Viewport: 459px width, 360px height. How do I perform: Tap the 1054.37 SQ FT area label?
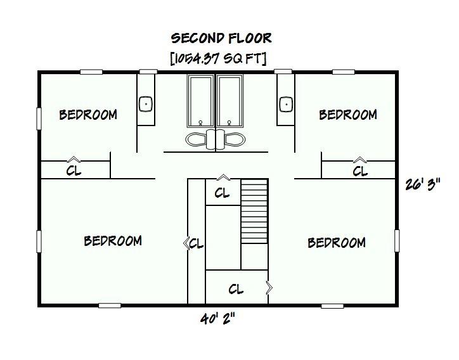pos(217,58)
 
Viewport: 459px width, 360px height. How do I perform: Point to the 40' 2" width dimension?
pos(217,319)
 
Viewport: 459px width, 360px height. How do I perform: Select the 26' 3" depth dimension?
pos(422,185)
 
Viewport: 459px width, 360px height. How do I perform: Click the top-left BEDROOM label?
pos(88,115)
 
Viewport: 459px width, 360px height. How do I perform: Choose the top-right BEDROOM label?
pos(348,115)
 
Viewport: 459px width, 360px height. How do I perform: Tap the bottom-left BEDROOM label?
pos(113,241)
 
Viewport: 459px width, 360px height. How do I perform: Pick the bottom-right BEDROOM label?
pos(337,243)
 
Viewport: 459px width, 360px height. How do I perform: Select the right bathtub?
pos(229,101)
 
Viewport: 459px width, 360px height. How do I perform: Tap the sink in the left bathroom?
pos(146,103)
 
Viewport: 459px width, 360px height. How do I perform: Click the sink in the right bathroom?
pos(286,103)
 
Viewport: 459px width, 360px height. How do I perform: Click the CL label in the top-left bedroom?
pos(74,171)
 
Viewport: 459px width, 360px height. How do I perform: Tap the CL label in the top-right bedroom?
pos(360,171)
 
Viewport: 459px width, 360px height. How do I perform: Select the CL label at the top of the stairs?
pos(222,193)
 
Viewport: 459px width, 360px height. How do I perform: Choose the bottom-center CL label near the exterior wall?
pos(236,290)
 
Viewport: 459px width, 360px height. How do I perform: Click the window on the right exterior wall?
pos(398,240)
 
